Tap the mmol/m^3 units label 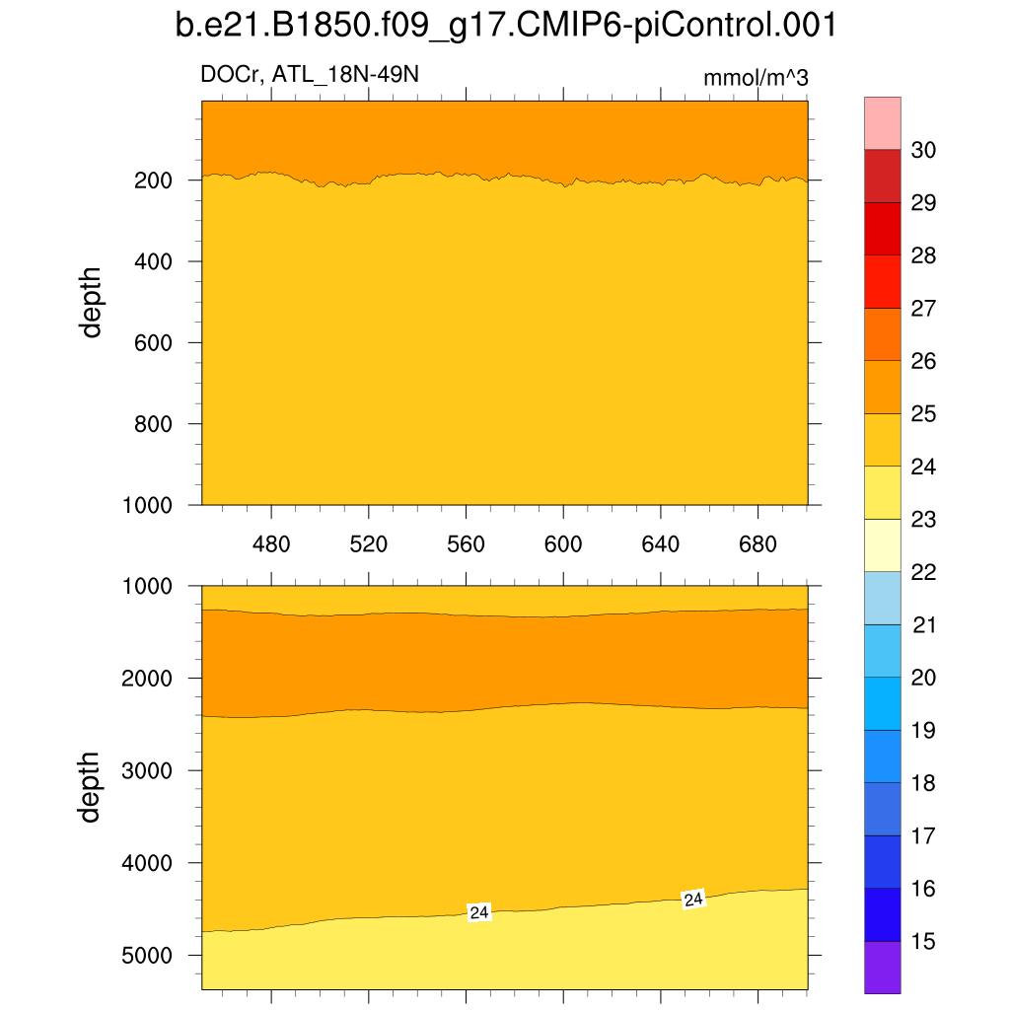click(757, 78)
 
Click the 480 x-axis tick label click(271, 544)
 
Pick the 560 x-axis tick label click(466, 544)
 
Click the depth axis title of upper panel click(92, 302)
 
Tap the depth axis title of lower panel click(92, 786)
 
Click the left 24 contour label click(479, 912)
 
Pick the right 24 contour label click(694, 899)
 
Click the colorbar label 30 click(925, 150)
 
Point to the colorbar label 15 click(925, 941)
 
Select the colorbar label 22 click(925, 572)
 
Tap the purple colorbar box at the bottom click(883, 967)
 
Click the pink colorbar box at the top click(883, 123)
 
